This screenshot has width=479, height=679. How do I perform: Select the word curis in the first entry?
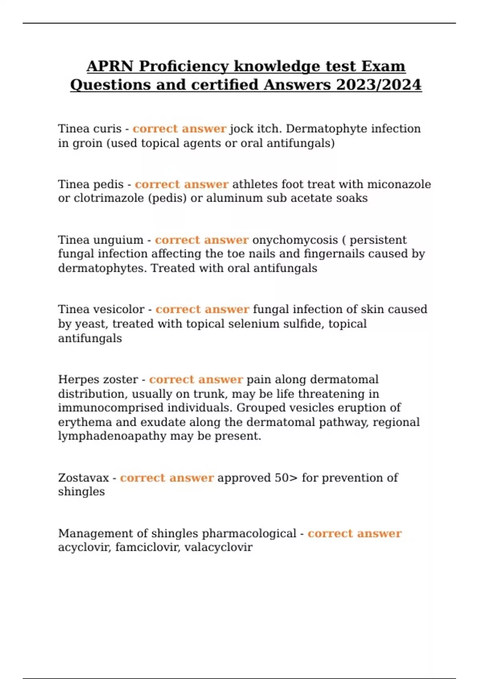pyautogui.click(x=107, y=129)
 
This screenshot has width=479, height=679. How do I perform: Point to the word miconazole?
pyautogui.click(x=399, y=184)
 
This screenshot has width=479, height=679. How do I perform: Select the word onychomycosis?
pyautogui.click(x=295, y=240)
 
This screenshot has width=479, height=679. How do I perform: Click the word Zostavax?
pyautogui.click(x=83, y=478)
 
